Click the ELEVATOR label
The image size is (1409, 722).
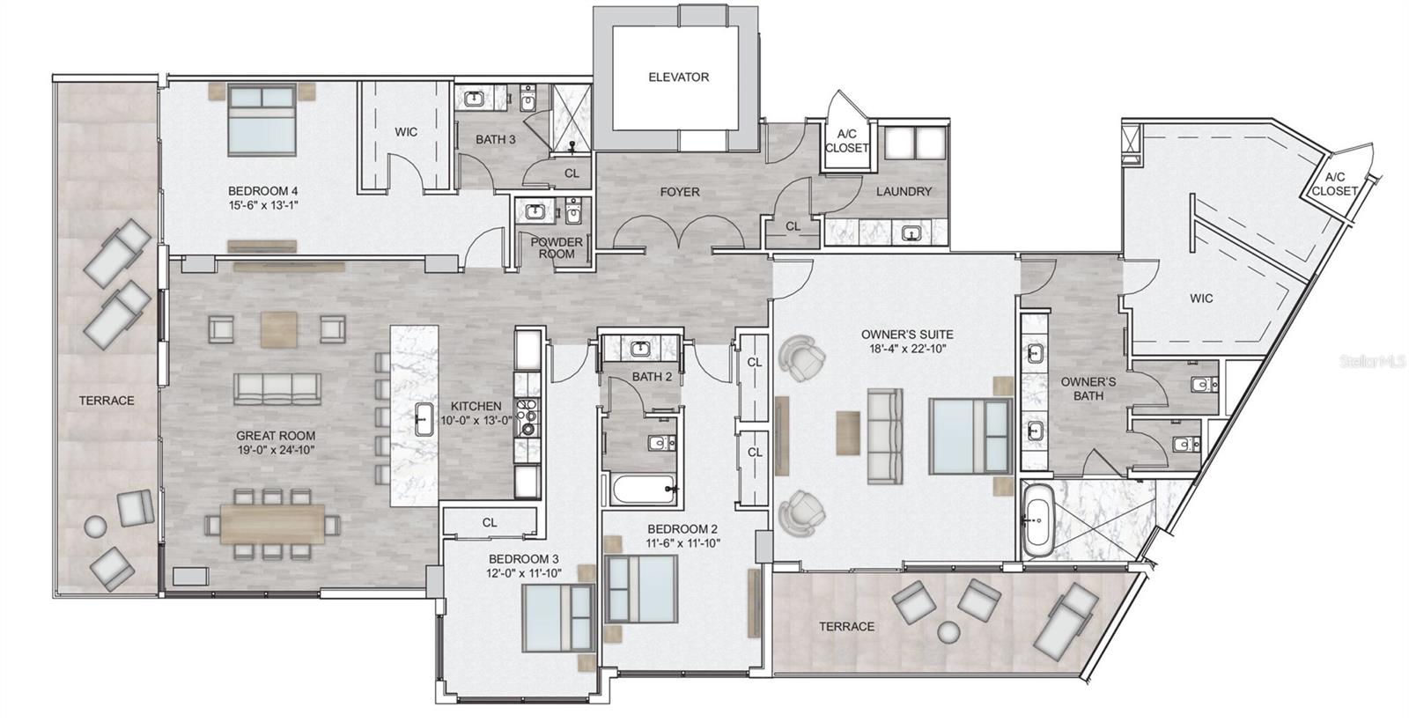coord(678,77)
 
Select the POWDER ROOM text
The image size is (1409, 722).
coord(557,248)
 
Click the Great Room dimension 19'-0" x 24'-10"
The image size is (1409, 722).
coord(276,450)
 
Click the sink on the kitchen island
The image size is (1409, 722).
coord(422,416)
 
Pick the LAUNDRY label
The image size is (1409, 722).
coord(904,192)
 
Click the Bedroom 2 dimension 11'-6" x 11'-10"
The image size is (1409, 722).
coord(682,543)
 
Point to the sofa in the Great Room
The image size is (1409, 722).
coord(277,387)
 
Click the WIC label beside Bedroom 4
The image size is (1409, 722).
coord(406,132)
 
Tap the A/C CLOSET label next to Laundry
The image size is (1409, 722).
coord(846,141)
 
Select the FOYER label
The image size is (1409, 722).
coord(680,192)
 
